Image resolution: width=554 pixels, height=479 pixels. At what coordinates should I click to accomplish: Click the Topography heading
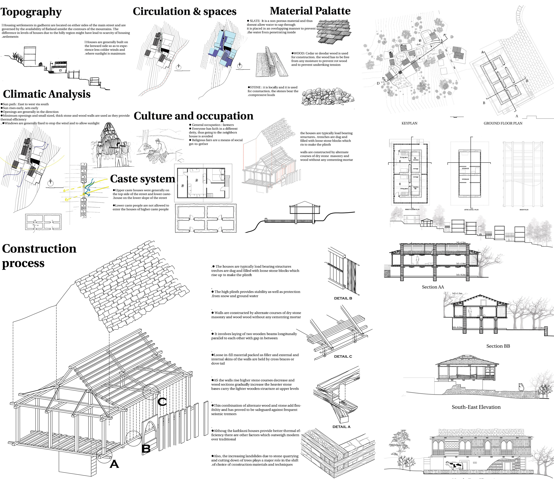pos(31,12)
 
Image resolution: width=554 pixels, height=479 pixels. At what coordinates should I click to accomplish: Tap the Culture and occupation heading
pos(193,116)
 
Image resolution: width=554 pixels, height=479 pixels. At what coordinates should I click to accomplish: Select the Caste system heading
pos(143,179)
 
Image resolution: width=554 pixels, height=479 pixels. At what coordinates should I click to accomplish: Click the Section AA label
pos(433,287)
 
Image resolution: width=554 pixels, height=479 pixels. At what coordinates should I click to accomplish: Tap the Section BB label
pos(498,346)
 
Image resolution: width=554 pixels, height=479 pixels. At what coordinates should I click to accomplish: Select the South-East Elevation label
pos(476,407)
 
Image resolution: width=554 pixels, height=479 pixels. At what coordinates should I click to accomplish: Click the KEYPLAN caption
pos(409,123)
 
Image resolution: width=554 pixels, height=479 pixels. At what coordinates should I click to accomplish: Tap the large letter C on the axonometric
pos(162,402)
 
